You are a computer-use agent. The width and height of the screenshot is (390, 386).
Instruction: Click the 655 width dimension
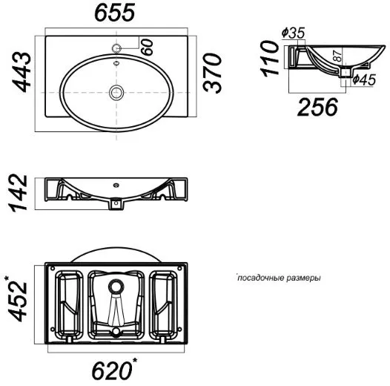click(115, 13)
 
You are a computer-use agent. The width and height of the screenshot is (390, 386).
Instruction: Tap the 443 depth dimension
click(22, 72)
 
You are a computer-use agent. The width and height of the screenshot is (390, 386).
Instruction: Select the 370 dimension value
click(212, 73)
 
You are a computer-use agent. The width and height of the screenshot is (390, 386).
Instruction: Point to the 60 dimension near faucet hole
click(147, 47)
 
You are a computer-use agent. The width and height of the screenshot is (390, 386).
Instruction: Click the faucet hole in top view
click(116, 48)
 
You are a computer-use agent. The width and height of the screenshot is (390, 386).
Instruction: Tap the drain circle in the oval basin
click(116, 92)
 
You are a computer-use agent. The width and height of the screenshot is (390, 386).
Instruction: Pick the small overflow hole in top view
click(116, 63)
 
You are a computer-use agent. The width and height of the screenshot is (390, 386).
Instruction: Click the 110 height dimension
click(269, 59)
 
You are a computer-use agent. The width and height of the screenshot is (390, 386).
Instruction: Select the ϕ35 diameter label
click(294, 33)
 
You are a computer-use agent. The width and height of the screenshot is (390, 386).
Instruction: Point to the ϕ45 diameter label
click(364, 79)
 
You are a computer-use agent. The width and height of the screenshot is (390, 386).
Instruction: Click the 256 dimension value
click(317, 107)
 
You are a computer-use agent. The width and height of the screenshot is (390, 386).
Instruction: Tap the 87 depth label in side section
click(337, 56)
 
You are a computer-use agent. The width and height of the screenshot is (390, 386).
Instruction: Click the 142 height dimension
click(18, 193)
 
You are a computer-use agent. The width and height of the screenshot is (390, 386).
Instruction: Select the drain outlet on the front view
click(116, 203)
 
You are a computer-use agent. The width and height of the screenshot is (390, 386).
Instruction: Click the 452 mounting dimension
click(17, 299)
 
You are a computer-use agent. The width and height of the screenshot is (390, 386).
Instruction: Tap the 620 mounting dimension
click(114, 371)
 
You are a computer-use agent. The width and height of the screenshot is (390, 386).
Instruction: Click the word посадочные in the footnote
click(260, 278)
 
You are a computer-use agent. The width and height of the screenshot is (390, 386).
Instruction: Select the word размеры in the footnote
click(303, 278)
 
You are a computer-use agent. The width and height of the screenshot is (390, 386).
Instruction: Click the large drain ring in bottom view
click(116, 287)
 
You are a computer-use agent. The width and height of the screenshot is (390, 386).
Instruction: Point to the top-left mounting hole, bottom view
click(53, 269)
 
